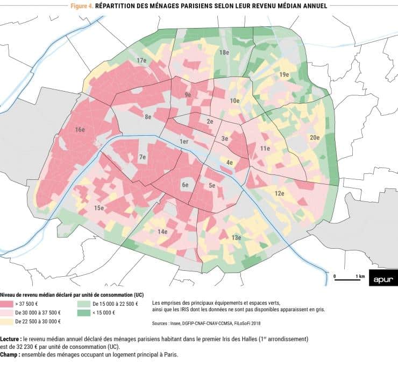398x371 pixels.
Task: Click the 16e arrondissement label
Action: (x=80, y=130)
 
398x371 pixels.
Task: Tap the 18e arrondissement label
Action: (x=224, y=52)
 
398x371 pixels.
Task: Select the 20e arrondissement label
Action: (x=315, y=137)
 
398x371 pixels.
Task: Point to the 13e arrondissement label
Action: (x=236, y=237)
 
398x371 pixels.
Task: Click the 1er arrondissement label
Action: (x=184, y=142)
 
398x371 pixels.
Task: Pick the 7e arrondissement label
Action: (x=143, y=157)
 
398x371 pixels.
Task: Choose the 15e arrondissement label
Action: (x=99, y=208)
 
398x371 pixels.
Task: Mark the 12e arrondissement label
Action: (x=279, y=193)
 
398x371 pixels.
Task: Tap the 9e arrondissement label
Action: (x=188, y=95)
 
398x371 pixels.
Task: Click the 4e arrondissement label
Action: (x=229, y=162)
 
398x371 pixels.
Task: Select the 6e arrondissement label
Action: (x=185, y=185)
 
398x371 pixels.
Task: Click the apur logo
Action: (x=383, y=278)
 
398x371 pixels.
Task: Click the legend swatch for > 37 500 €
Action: (x=7, y=304)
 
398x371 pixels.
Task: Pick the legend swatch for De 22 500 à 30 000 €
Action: (x=7, y=321)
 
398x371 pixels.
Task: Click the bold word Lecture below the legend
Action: (x=11, y=339)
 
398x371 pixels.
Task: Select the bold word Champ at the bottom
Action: (x=10, y=355)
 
